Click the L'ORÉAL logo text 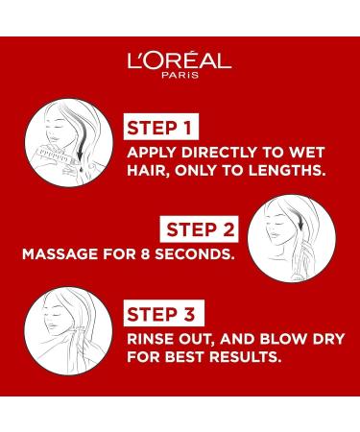[x=180, y=61]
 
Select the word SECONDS [x=188, y=256]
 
